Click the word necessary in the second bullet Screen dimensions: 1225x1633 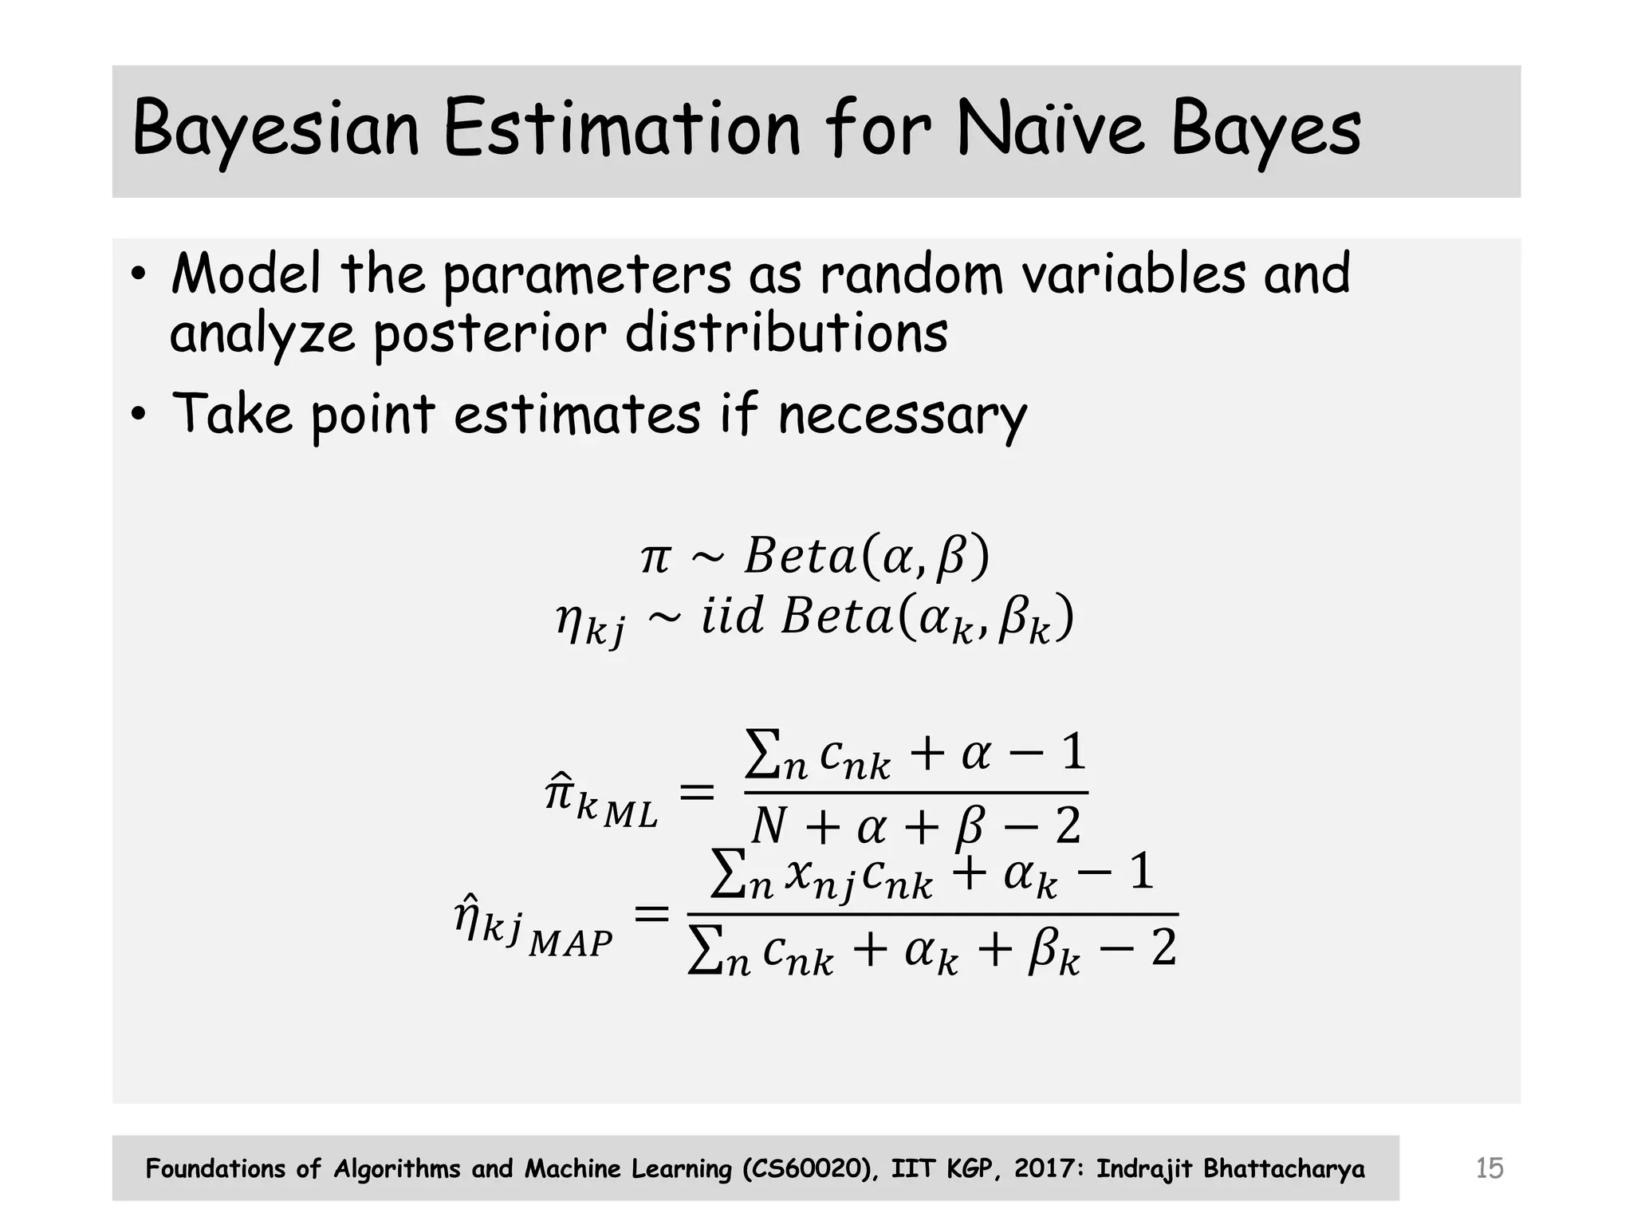(x=902, y=416)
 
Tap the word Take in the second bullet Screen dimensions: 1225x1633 (x=232, y=414)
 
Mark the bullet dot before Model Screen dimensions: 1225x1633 (x=139, y=275)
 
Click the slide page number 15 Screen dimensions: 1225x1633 (x=1489, y=1168)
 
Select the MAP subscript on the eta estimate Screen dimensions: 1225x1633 (x=570, y=944)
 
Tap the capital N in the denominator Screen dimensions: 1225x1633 (x=769, y=825)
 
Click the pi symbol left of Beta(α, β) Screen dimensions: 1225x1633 (x=655, y=557)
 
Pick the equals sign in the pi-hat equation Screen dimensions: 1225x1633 (x=696, y=793)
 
